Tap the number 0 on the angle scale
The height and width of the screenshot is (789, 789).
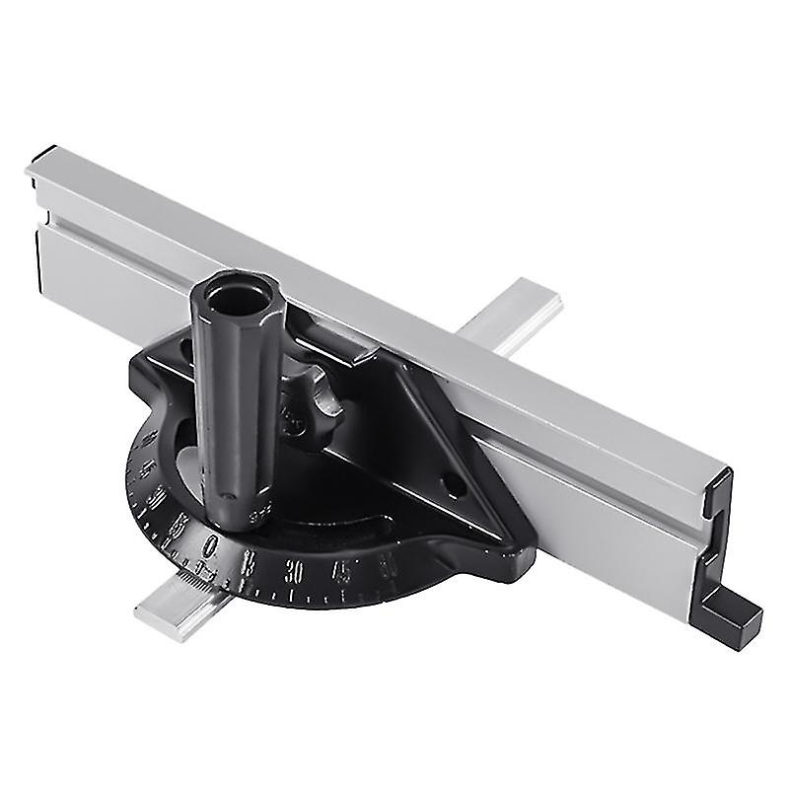[x=211, y=545]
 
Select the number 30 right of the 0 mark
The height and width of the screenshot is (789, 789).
[x=293, y=569]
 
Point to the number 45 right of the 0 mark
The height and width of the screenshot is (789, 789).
[x=341, y=569]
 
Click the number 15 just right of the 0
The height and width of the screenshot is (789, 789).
[x=250, y=561]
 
